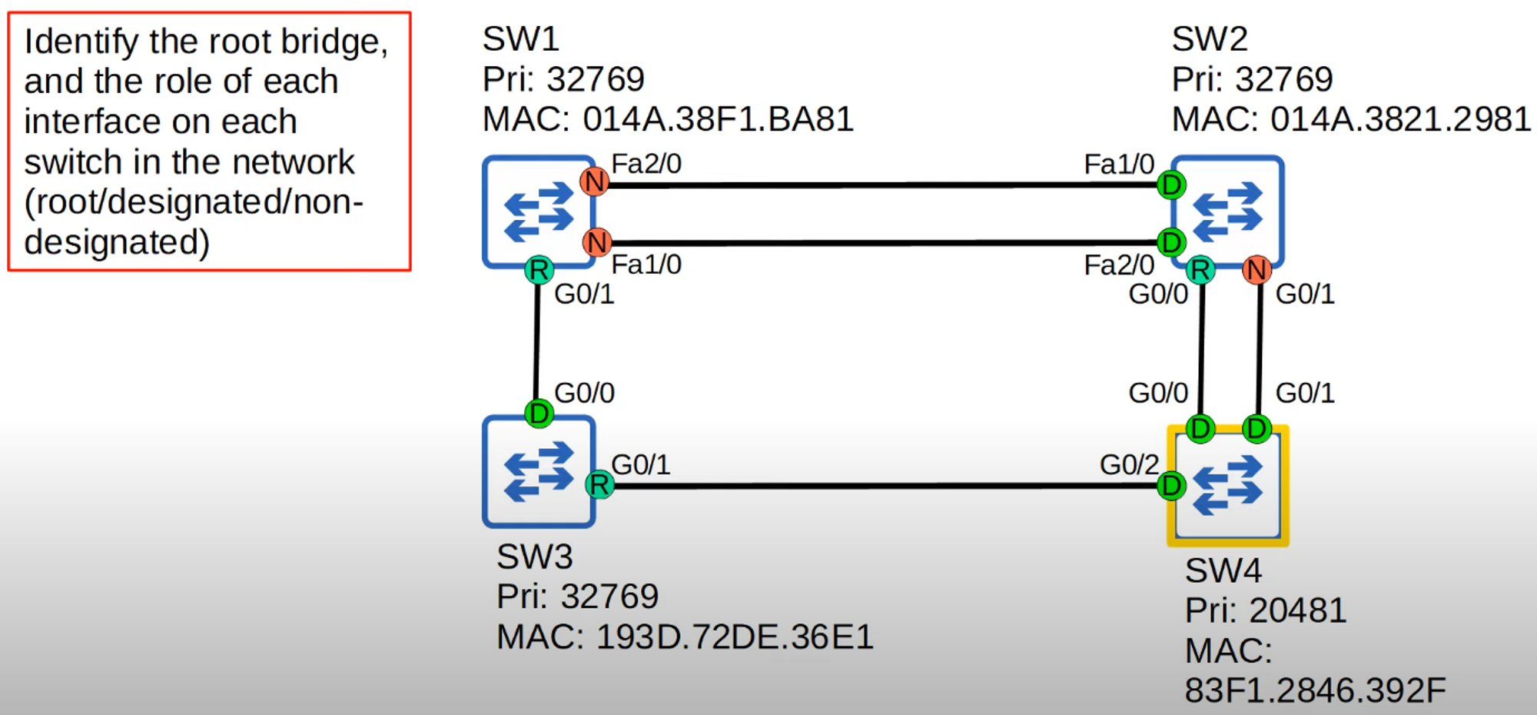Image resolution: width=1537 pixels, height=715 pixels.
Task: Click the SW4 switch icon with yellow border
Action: tap(1228, 486)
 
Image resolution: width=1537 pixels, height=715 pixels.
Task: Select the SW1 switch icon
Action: tap(539, 212)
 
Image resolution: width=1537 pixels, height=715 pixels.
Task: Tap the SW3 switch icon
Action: tap(539, 471)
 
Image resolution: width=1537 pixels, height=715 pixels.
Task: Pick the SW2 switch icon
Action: tap(1228, 212)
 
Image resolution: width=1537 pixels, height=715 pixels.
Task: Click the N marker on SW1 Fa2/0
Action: tap(594, 182)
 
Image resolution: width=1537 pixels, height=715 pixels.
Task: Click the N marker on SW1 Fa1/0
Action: tap(596, 242)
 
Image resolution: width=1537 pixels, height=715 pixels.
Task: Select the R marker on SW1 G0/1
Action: tap(539, 270)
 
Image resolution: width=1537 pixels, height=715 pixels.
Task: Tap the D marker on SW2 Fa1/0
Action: tap(1171, 185)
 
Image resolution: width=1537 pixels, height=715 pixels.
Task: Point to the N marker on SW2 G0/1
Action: tap(1256, 270)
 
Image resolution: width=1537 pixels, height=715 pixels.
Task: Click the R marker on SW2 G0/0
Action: tap(1200, 270)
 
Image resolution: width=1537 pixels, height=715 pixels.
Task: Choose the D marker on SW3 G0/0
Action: tap(539, 414)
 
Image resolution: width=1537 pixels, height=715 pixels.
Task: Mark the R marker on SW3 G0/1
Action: tap(599, 484)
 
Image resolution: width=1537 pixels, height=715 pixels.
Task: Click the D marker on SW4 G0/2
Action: tap(1171, 486)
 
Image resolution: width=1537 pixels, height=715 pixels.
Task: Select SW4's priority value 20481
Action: tap(1297, 610)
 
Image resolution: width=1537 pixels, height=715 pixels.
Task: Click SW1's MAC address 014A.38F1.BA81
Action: tap(718, 119)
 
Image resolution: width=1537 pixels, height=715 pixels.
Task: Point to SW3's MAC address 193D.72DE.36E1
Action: tap(735, 637)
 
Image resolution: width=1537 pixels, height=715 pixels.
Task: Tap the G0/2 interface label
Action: tap(1129, 464)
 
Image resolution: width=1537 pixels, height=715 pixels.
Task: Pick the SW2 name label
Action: tap(1210, 38)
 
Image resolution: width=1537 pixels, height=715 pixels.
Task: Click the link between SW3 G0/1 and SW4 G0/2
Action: tap(884, 486)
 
